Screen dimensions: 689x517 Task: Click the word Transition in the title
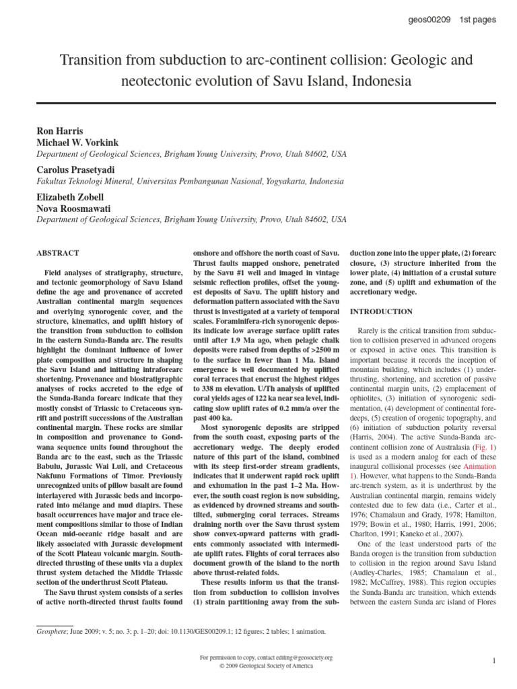pyautogui.click(x=92, y=61)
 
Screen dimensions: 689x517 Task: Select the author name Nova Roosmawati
pyautogui.click(x=73, y=209)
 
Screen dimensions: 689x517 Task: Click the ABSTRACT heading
pyautogui.click(x=57, y=253)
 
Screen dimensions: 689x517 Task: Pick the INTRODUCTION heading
pyautogui.click(x=382, y=312)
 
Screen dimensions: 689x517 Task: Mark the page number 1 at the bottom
pyautogui.click(x=493, y=661)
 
